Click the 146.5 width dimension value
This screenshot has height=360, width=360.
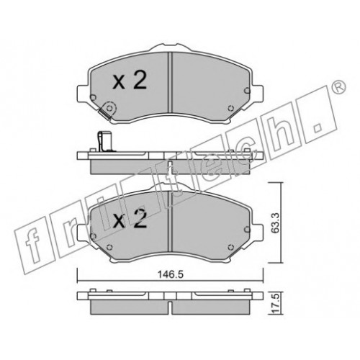pos(171,274)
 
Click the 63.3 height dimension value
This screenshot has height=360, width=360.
pos(276,222)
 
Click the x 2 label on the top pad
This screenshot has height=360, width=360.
pos(130,81)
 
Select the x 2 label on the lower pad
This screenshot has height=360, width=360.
pos(130,218)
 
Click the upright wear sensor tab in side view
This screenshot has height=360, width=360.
pos(100,142)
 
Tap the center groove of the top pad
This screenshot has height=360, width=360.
pos(170,82)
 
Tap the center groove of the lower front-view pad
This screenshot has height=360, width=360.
pos(170,221)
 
